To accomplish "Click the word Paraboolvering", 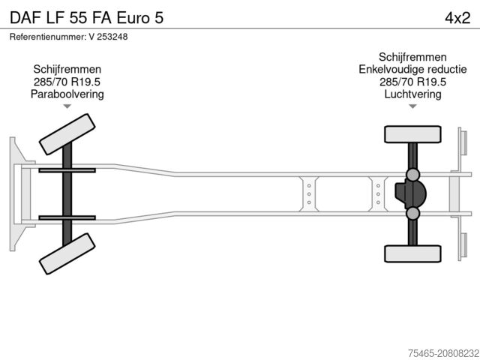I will point(67,94).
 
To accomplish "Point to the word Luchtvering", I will point(412,94).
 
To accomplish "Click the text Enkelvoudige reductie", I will point(412,70).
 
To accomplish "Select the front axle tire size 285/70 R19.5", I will point(67,82).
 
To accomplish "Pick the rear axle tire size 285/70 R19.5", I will point(412,82).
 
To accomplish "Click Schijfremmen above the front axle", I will point(67,69).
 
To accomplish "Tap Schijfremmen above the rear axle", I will point(412,57).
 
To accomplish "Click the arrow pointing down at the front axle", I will point(67,107).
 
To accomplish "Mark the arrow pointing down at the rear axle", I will point(412,107).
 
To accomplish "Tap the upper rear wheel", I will point(412,134).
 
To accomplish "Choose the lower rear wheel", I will point(412,254).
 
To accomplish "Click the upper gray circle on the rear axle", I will point(412,175).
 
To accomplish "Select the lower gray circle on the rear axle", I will point(412,214).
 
